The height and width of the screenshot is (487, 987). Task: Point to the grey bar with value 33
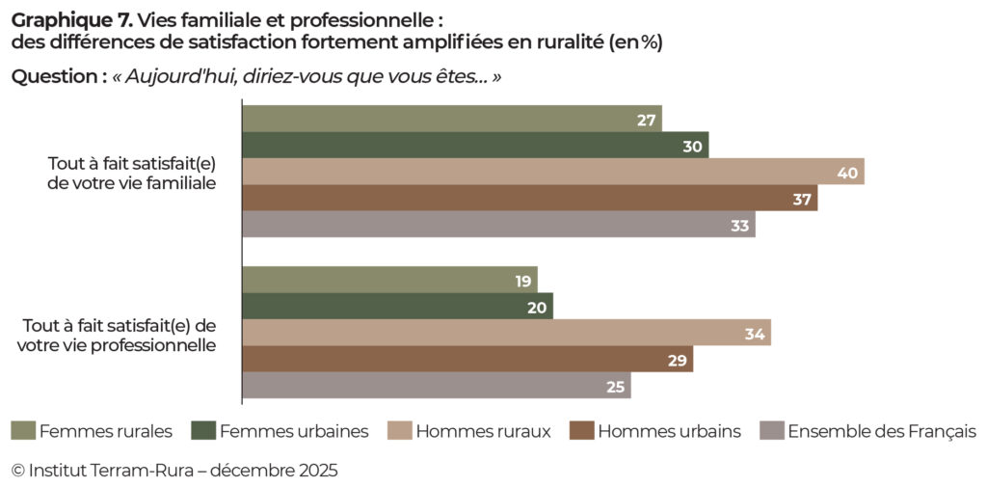point(497,225)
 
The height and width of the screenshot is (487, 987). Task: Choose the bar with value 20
point(396,307)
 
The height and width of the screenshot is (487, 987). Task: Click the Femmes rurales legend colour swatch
point(23,430)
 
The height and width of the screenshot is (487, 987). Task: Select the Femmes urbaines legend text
point(294,431)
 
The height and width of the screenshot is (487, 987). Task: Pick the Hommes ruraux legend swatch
point(399,430)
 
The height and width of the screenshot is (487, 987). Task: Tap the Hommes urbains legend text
point(669,431)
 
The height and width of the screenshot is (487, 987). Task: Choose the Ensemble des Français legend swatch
point(771,430)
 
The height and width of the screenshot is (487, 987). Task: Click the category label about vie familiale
point(131,173)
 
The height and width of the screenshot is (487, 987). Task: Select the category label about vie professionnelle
point(117,334)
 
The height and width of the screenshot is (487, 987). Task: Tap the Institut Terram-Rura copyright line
point(174,471)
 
